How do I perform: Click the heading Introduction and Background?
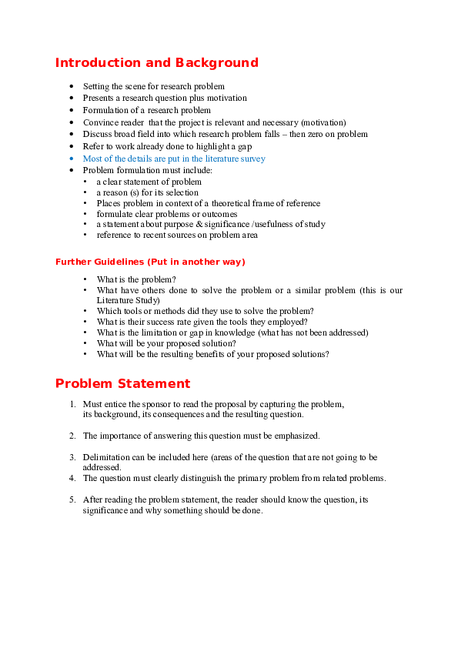click(157, 63)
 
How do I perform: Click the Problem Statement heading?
click(122, 383)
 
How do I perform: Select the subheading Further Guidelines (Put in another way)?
click(150, 262)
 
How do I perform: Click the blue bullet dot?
click(72, 159)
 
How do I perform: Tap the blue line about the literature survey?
click(174, 159)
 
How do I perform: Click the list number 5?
click(72, 499)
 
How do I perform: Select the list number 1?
click(72, 404)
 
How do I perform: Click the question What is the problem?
click(136, 280)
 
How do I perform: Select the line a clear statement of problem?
click(149, 182)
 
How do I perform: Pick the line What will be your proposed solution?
click(166, 344)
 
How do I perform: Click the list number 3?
click(72, 457)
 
